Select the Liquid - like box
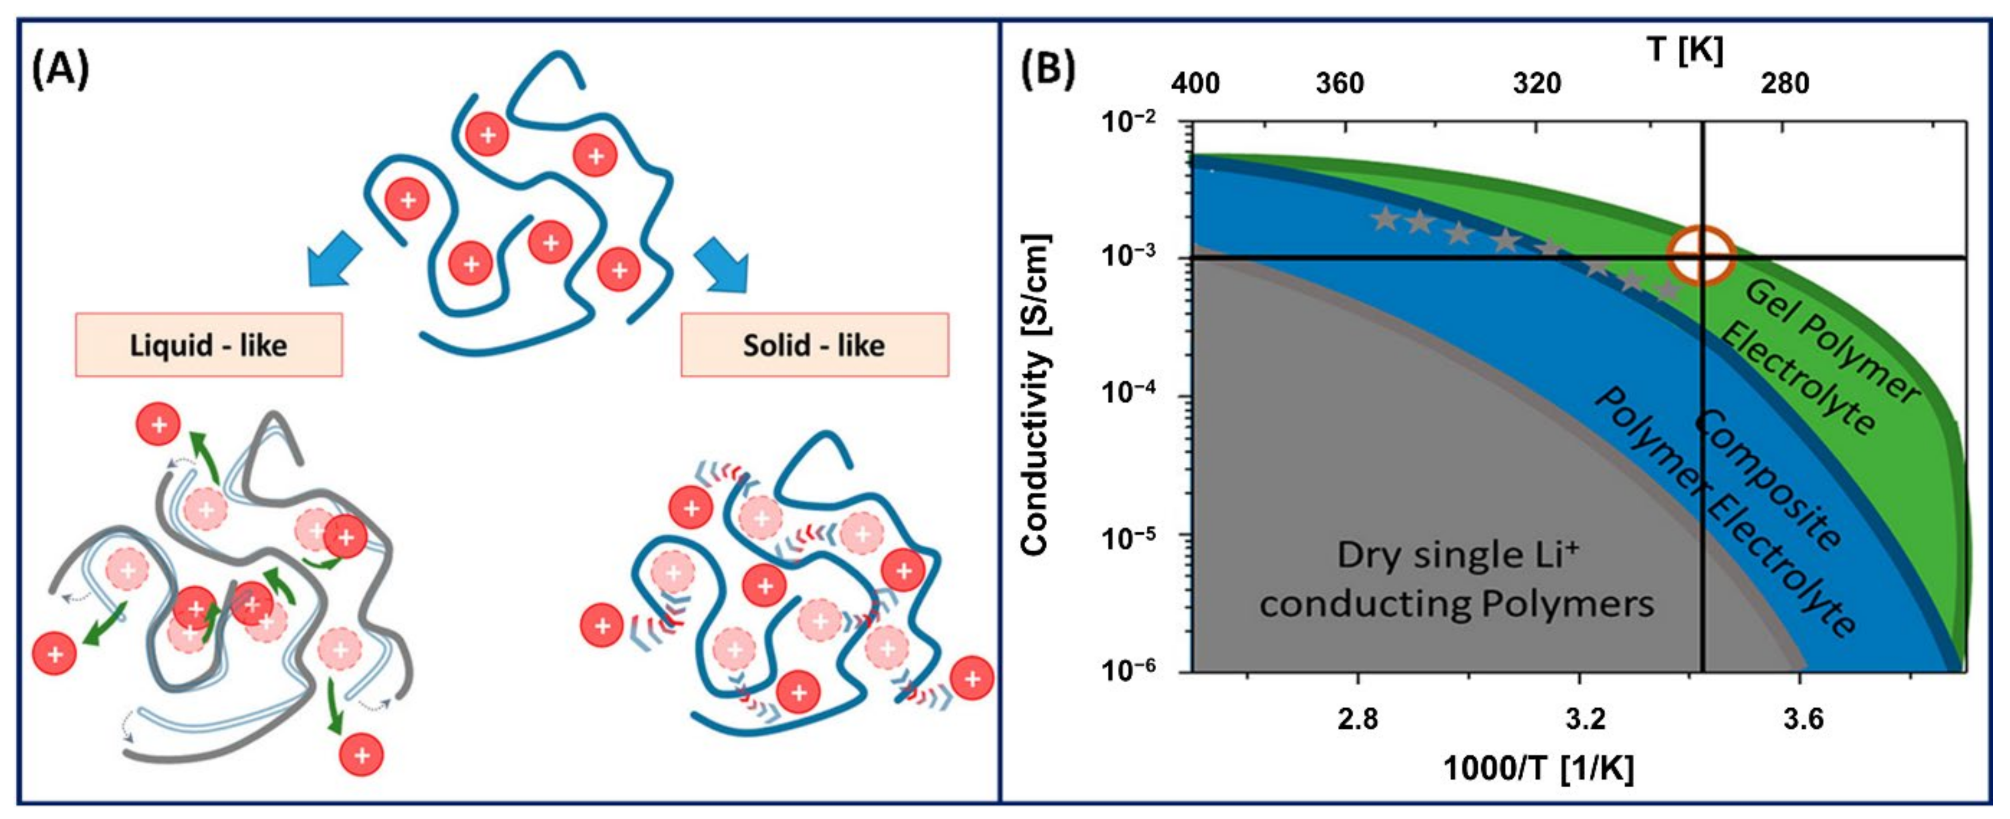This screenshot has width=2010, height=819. (x=209, y=345)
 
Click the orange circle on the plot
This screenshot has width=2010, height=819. (x=1701, y=255)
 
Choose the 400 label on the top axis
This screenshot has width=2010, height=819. (x=1195, y=83)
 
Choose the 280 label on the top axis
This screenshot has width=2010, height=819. (x=1785, y=83)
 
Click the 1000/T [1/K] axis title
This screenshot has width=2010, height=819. (x=1539, y=768)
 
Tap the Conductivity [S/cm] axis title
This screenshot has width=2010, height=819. (x=1035, y=395)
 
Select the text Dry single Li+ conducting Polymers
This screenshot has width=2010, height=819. (x=1457, y=579)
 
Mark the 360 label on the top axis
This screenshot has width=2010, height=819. (x=1340, y=83)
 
